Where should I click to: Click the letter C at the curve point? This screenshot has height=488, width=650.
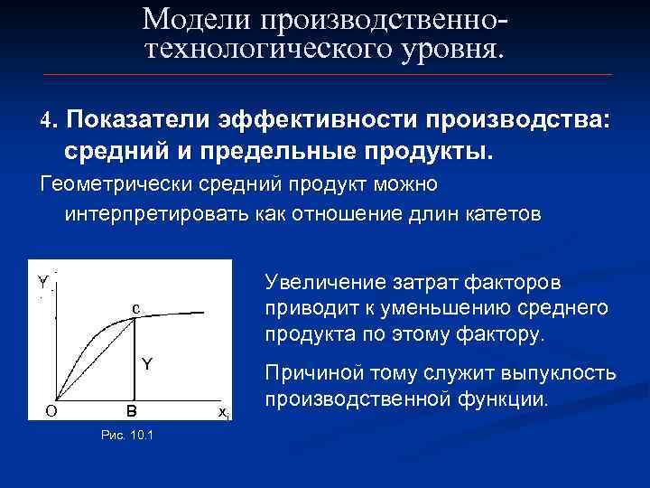[135, 309]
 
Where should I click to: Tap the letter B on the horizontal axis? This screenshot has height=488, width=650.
[132, 411]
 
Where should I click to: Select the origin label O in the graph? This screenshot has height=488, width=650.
[52, 411]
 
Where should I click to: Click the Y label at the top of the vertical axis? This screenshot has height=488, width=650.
[42, 281]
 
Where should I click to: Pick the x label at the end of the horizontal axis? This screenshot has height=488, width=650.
[223, 412]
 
